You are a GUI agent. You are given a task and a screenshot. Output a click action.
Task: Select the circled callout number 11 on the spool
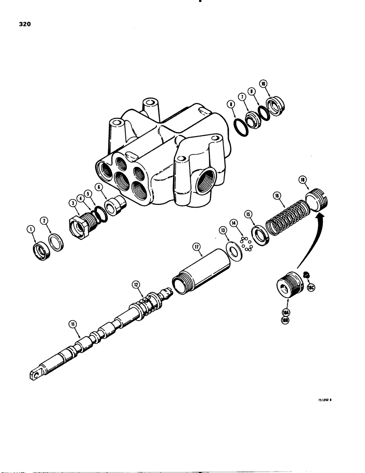[73, 324]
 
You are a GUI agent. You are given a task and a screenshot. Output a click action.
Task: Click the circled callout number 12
[136, 285]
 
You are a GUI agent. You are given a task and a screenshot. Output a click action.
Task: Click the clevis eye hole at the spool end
[34, 375]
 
